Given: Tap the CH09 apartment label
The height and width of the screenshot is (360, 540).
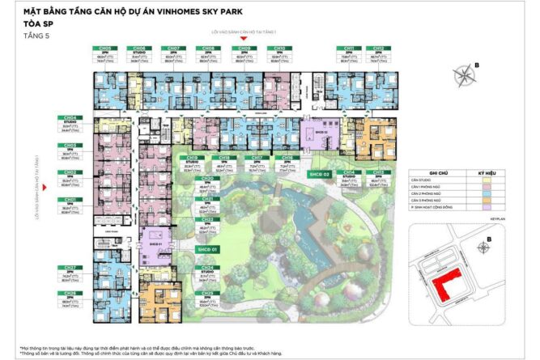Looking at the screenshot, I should (241, 48).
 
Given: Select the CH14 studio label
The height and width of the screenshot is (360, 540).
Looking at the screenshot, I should (349, 172).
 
